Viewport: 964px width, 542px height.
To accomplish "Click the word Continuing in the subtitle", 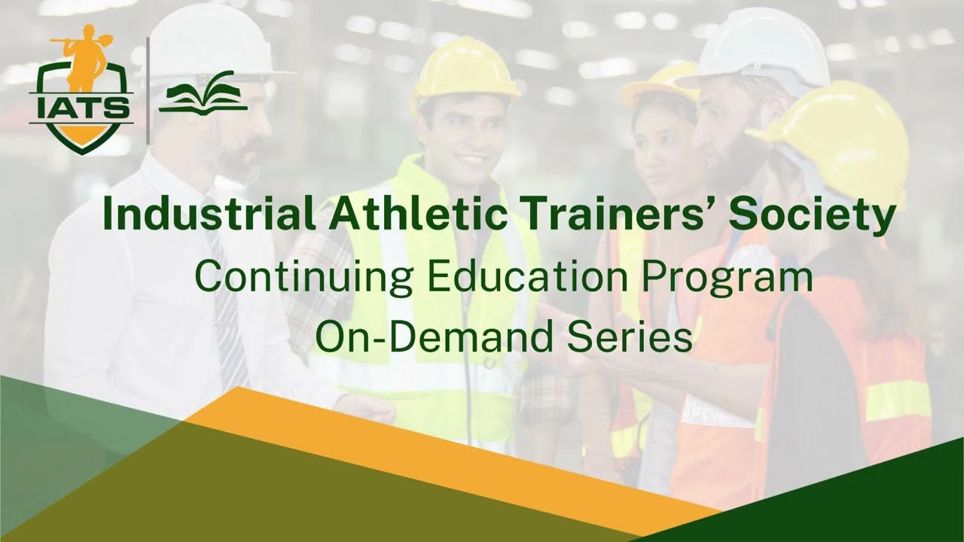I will click(x=304, y=278).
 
